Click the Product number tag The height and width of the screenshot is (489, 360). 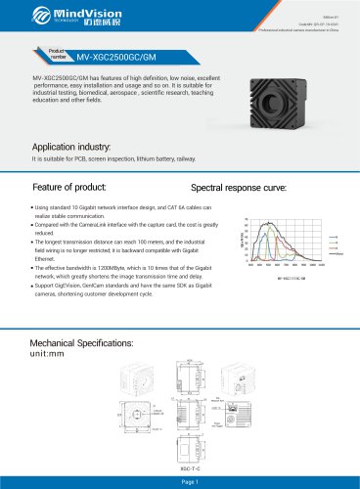(x=54, y=56)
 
